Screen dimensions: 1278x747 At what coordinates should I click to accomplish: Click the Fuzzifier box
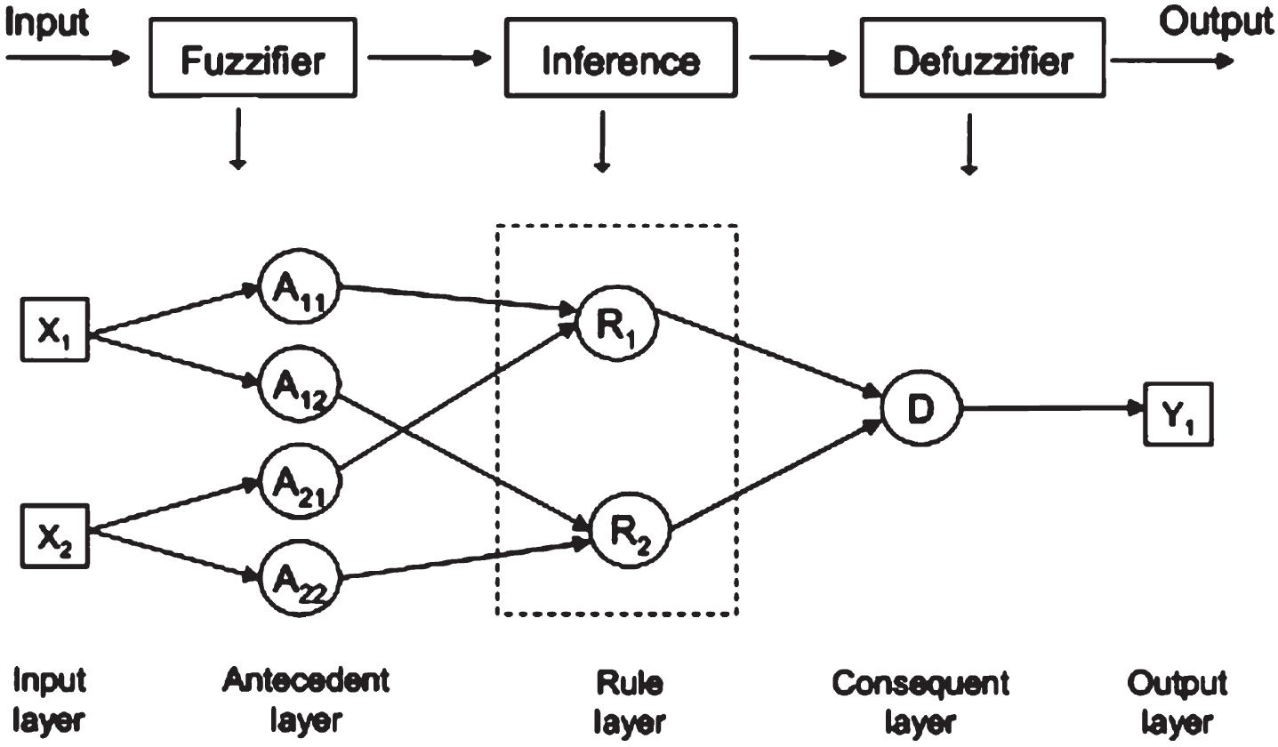pyautogui.click(x=253, y=58)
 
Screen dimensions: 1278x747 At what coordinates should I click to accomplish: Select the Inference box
pyautogui.click(x=621, y=58)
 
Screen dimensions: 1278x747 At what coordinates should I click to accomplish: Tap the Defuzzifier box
pyautogui.click(x=983, y=58)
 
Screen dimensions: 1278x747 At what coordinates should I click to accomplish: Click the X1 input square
pyautogui.click(x=55, y=329)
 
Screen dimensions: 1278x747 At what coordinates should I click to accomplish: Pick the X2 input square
pyautogui.click(x=55, y=536)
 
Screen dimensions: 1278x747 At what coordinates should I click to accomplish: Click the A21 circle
pyautogui.click(x=300, y=483)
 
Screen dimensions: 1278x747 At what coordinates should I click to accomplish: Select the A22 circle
pyautogui.click(x=300, y=577)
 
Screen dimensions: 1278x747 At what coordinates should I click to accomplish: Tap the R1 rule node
pyautogui.click(x=617, y=323)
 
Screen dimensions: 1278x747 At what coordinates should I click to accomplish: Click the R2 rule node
pyautogui.click(x=630, y=532)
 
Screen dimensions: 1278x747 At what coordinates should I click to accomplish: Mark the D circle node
pyautogui.click(x=921, y=408)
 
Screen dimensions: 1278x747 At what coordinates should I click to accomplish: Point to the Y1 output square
pyautogui.click(x=1178, y=414)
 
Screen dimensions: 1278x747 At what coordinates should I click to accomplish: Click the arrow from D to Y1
pyautogui.click(x=1053, y=408)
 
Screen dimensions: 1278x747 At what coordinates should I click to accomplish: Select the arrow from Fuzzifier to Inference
pyautogui.click(x=429, y=58)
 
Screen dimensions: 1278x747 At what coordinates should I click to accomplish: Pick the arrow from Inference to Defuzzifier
pyautogui.click(x=798, y=58)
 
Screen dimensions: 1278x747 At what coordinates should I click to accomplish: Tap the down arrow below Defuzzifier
pyautogui.click(x=969, y=144)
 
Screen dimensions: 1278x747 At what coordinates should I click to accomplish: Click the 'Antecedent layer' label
pyautogui.click(x=306, y=700)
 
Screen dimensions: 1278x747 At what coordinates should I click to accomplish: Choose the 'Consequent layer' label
pyautogui.click(x=920, y=702)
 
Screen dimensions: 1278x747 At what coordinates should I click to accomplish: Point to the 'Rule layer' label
pyautogui.click(x=630, y=702)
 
